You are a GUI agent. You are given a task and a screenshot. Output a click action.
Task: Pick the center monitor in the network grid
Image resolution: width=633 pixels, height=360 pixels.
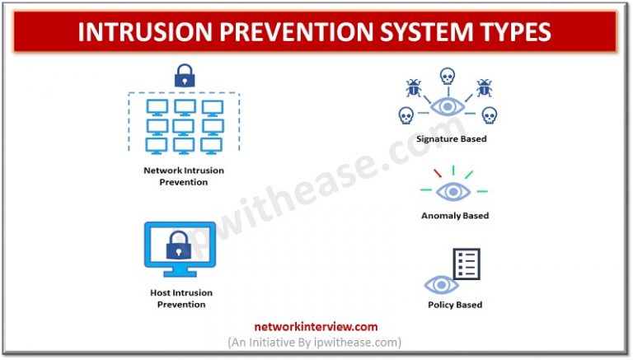tap(182, 126)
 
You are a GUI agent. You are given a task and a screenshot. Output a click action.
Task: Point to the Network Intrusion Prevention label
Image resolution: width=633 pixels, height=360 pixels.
tap(182, 176)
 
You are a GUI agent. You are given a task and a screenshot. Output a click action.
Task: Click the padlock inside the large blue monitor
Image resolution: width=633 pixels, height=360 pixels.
tap(180, 245)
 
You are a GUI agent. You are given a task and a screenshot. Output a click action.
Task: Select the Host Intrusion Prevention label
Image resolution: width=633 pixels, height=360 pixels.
tap(181, 299)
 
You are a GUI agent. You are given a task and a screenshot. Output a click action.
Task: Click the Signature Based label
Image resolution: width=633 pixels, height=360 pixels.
tap(451, 139)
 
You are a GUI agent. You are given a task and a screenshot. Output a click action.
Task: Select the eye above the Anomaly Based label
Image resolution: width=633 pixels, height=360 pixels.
tap(452, 192)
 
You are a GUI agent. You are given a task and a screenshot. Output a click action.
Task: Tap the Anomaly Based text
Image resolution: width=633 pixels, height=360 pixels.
tap(454, 216)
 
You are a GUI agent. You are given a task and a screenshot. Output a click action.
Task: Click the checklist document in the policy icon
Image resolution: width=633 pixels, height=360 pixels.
tap(467, 264)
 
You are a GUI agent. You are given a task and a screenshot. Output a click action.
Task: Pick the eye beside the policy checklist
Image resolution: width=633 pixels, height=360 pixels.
tap(441, 285)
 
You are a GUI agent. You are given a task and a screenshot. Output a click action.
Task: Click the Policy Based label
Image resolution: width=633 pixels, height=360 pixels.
tap(454, 305)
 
